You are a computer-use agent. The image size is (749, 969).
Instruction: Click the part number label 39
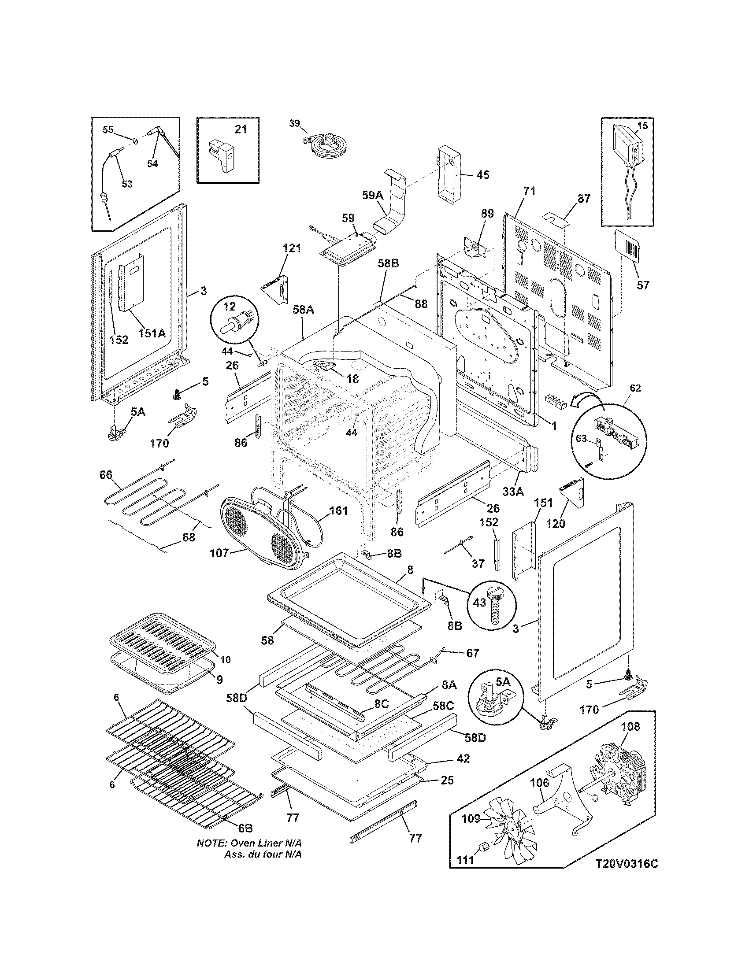tap(295, 123)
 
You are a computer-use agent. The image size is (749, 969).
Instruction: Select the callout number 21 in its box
tap(240, 129)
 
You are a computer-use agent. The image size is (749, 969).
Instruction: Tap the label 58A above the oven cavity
tap(304, 310)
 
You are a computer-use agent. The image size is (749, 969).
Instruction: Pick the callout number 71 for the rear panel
tap(529, 191)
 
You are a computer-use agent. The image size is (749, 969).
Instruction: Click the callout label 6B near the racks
tap(245, 828)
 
